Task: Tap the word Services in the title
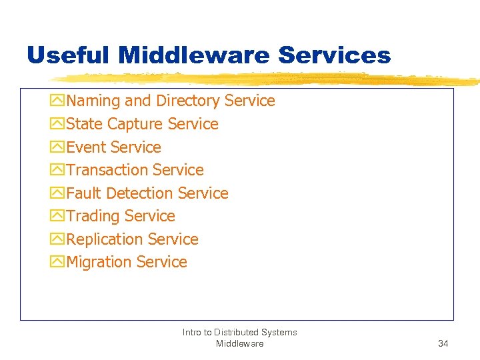335,55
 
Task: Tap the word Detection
140,193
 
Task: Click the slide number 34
443,344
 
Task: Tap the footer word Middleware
239,344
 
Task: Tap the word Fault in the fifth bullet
84,193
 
